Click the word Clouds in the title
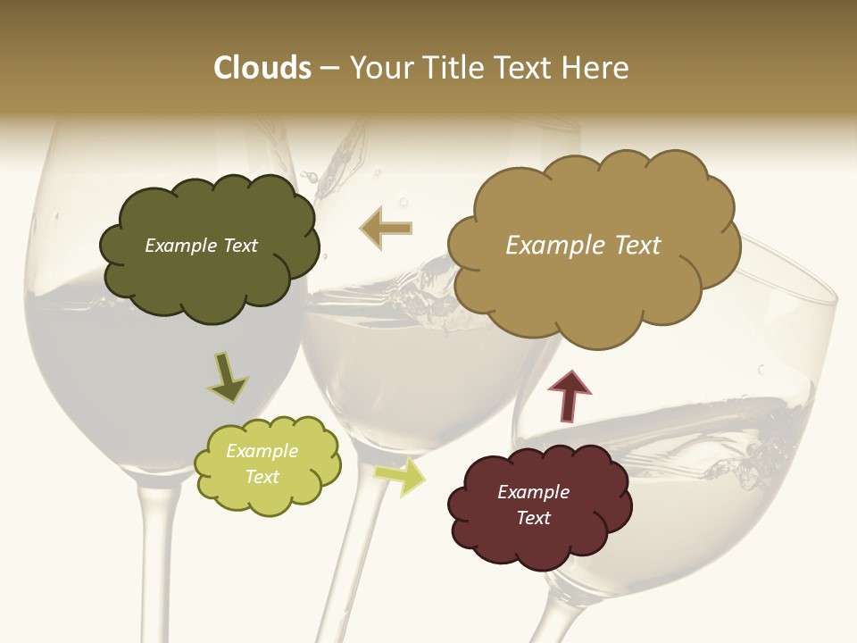point(262,68)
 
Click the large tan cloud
point(593,241)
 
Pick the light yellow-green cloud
point(267,464)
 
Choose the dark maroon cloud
point(538,505)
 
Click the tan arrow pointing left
point(386,228)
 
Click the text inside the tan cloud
point(583,246)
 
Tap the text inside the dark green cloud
point(201,246)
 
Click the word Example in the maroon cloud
point(533,492)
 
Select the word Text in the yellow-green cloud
point(262,477)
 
